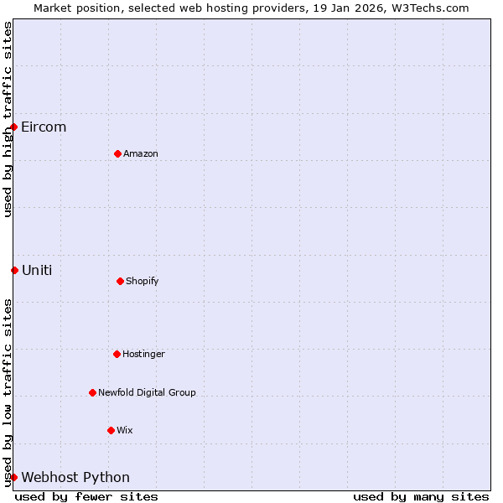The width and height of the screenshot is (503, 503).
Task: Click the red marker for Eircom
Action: [x=14, y=127]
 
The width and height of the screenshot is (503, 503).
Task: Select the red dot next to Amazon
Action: [x=117, y=153]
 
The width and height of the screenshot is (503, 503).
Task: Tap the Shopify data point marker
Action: [x=120, y=281]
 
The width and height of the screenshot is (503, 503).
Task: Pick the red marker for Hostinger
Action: [x=117, y=354]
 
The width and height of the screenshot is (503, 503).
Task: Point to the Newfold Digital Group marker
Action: [x=92, y=392]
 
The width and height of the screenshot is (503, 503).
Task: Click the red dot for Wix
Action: [x=111, y=430]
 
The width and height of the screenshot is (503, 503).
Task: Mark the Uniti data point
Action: [x=14, y=270]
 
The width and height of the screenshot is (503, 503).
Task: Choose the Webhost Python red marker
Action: [x=14, y=477]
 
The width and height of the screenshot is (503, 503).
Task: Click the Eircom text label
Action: [x=44, y=127]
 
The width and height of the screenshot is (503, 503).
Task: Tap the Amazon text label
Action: [x=141, y=153]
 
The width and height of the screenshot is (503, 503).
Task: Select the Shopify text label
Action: [x=143, y=281]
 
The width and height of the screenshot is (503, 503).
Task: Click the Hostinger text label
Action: [x=143, y=354]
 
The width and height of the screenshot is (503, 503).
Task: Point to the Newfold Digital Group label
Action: [x=147, y=392]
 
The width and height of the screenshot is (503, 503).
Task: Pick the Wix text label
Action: [x=125, y=430]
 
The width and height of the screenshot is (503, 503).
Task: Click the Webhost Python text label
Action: [x=75, y=478]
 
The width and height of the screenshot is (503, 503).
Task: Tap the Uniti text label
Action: [x=37, y=270]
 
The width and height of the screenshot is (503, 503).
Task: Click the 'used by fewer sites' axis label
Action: [x=86, y=496]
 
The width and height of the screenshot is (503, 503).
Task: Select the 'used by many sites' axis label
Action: [x=421, y=496]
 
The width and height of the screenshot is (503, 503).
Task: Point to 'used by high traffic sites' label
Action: [x=8, y=119]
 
